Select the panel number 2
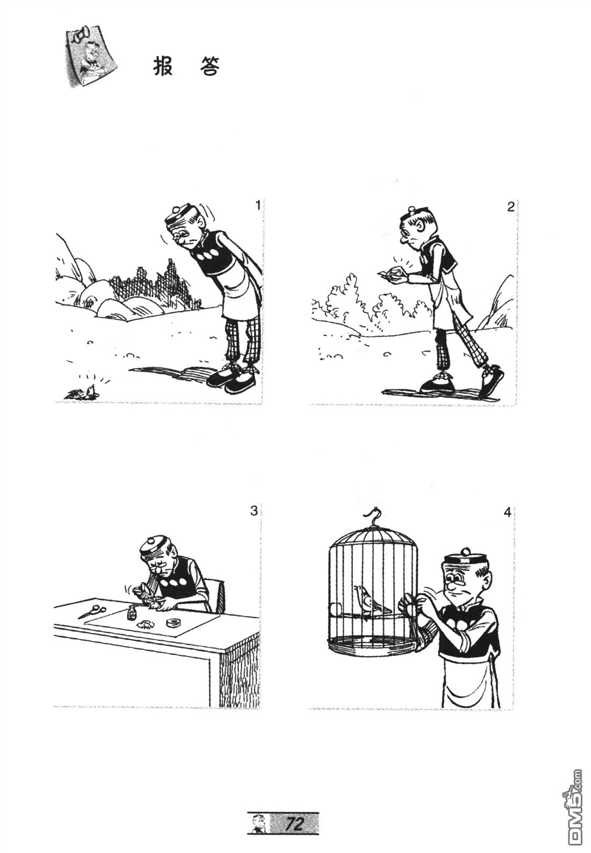tap(510, 207)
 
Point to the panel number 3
tap(254, 510)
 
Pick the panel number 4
tap(507, 512)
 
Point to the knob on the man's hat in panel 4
tap(465, 550)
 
